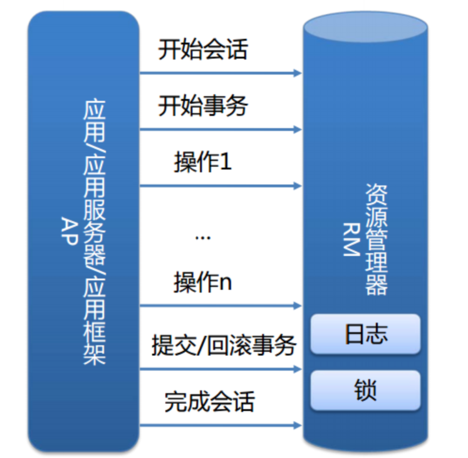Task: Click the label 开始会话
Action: click(x=202, y=49)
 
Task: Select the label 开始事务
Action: click(x=202, y=106)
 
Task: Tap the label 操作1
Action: click(x=202, y=162)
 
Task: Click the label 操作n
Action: click(x=202, y=283)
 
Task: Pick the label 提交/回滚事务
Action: click(x=223, y=345)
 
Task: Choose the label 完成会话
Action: click(x=209, y=401)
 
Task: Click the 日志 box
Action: click(x=365, y=334)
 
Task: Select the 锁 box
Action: click(x=365, y=390)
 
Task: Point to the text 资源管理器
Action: click(x=376, y=239)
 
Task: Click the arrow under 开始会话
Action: click(x=220, y=73)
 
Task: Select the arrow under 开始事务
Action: click(x=220, y=130)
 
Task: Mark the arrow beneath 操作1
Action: click(x=220, y=185)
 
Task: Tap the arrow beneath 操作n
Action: click(x=220, y=306)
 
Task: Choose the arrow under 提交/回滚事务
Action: click(x=220, y=369)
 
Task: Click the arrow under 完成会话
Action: click(x=220, y=425)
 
